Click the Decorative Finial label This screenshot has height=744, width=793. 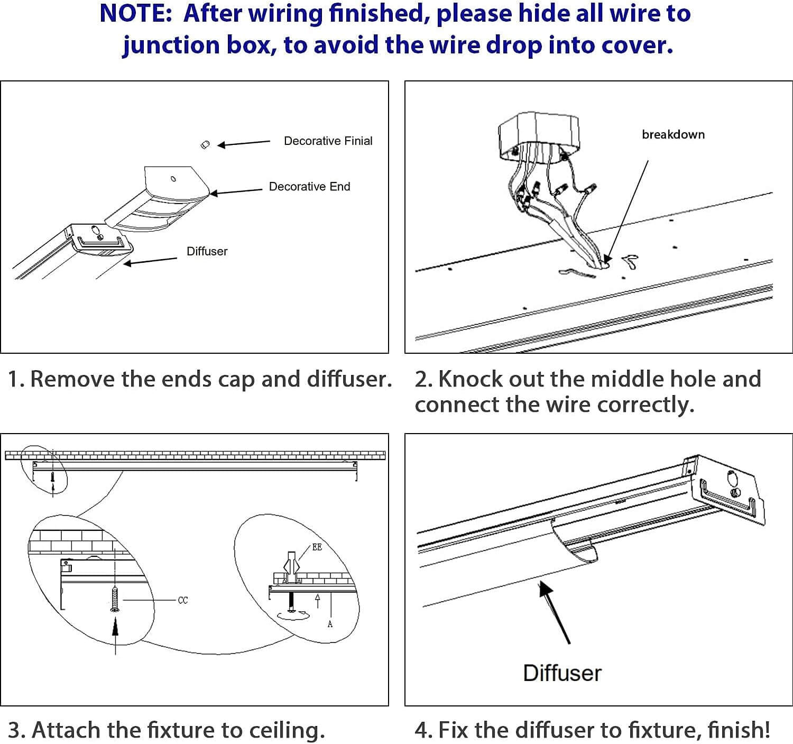click(328, 141)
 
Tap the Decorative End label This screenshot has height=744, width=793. click(309, 186)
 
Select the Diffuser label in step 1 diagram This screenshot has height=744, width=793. click(207, 251)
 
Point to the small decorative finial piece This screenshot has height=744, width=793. click(206, 144)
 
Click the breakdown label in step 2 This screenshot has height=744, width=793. click(673, 134)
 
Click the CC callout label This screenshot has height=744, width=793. click(183, 600)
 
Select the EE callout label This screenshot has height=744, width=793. click(317, 547)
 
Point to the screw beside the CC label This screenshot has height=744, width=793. click(115, 600)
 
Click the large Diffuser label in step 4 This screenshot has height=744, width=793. click(562, 673)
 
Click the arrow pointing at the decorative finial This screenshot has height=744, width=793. click(244, 143)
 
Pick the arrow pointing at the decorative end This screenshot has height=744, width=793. click(236, 191)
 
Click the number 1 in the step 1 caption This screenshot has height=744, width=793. click(14, 379)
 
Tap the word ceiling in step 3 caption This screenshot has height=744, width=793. click(286, 730)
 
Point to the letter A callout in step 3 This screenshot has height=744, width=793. click(330, 624)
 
